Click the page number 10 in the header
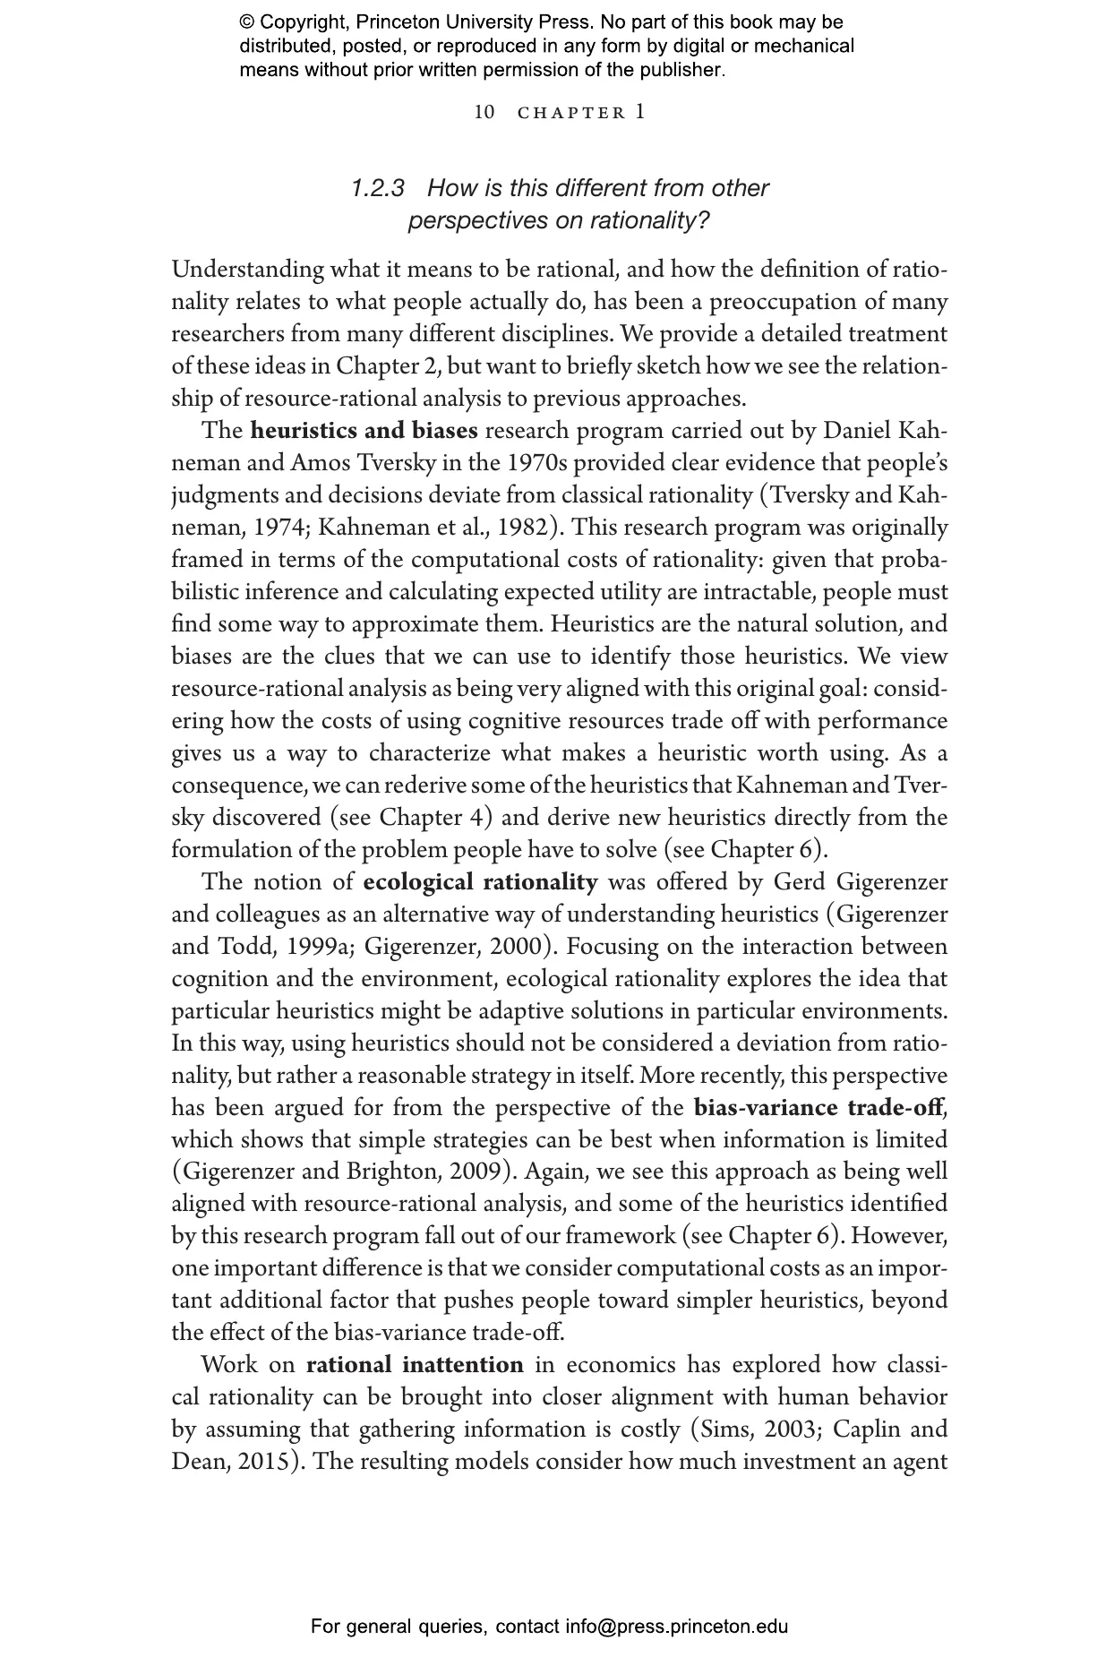pos(484,113)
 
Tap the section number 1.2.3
pos(378,189)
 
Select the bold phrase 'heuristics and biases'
pos(364,431)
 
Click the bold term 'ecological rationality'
pos(480,882)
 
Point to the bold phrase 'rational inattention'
pos(415,1365)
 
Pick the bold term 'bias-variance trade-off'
pos(818,1108)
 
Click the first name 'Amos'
pos(320,463)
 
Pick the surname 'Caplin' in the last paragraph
pos(864,1429)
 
